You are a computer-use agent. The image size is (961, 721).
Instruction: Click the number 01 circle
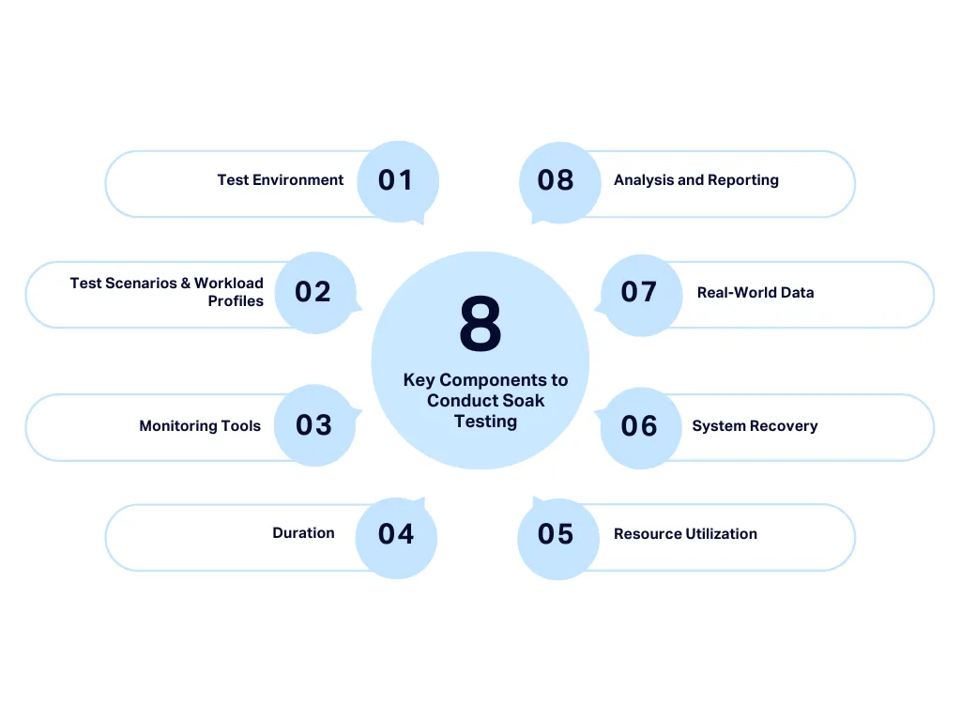pos(397,181)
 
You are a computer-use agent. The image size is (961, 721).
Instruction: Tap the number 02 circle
pos(314,292)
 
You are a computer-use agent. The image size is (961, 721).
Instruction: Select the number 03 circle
pos(314,425)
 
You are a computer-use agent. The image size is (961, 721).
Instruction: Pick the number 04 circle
pos(396,535)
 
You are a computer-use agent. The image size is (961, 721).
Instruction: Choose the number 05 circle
pos(557,535)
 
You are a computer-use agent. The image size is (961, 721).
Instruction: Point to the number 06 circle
pos(639,426)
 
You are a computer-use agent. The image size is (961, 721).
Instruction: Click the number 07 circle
pos(639,292)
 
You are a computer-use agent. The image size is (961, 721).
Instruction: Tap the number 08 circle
pos(557,181)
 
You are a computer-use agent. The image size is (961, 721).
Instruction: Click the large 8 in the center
pos(480,324)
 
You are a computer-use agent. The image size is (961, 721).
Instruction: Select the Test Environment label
pos(281,180)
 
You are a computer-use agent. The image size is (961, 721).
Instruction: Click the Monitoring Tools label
pos(200,426)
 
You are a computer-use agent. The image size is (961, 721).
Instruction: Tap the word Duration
pos(303,533)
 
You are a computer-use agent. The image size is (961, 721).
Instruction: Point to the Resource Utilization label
pos(685,534)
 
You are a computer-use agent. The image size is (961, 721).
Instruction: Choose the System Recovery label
pos(755,426)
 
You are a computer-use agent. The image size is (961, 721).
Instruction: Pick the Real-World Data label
pos(755,293)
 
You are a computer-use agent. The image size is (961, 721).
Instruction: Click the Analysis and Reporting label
pos(696,180)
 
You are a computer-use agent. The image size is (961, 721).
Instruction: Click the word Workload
pos(229,284)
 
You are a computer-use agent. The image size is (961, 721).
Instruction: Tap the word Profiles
pos(236,301)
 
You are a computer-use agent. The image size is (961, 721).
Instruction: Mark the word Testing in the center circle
pos(485,422)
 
